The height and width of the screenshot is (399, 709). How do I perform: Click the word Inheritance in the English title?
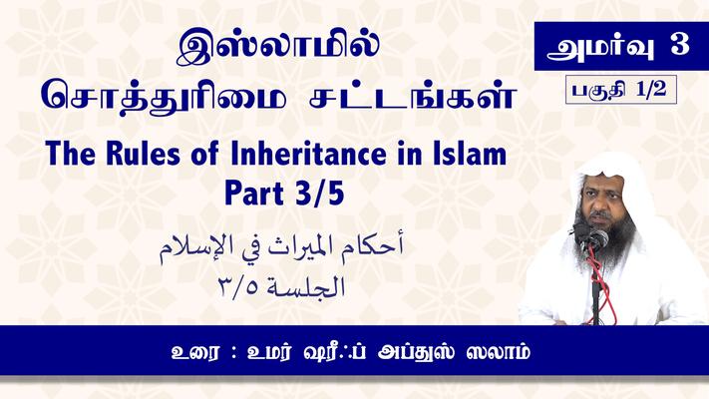(x=308, y=154)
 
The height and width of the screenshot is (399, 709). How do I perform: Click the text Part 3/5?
(x=284, y=193)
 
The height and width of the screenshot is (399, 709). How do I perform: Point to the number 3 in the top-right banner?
(x=679, y=45)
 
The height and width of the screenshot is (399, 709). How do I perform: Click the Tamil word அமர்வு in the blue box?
(x=600, y=47)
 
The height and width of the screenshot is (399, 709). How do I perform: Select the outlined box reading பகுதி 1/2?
(x=621, y=90)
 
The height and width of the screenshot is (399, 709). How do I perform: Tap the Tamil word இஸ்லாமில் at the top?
(x=277, y=49)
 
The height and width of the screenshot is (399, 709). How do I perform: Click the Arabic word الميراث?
(x=300, y=246)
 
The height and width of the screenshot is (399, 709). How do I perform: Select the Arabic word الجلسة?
(x=306, y=287)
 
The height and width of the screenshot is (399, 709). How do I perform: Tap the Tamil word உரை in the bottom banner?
(x=196, y=352)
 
